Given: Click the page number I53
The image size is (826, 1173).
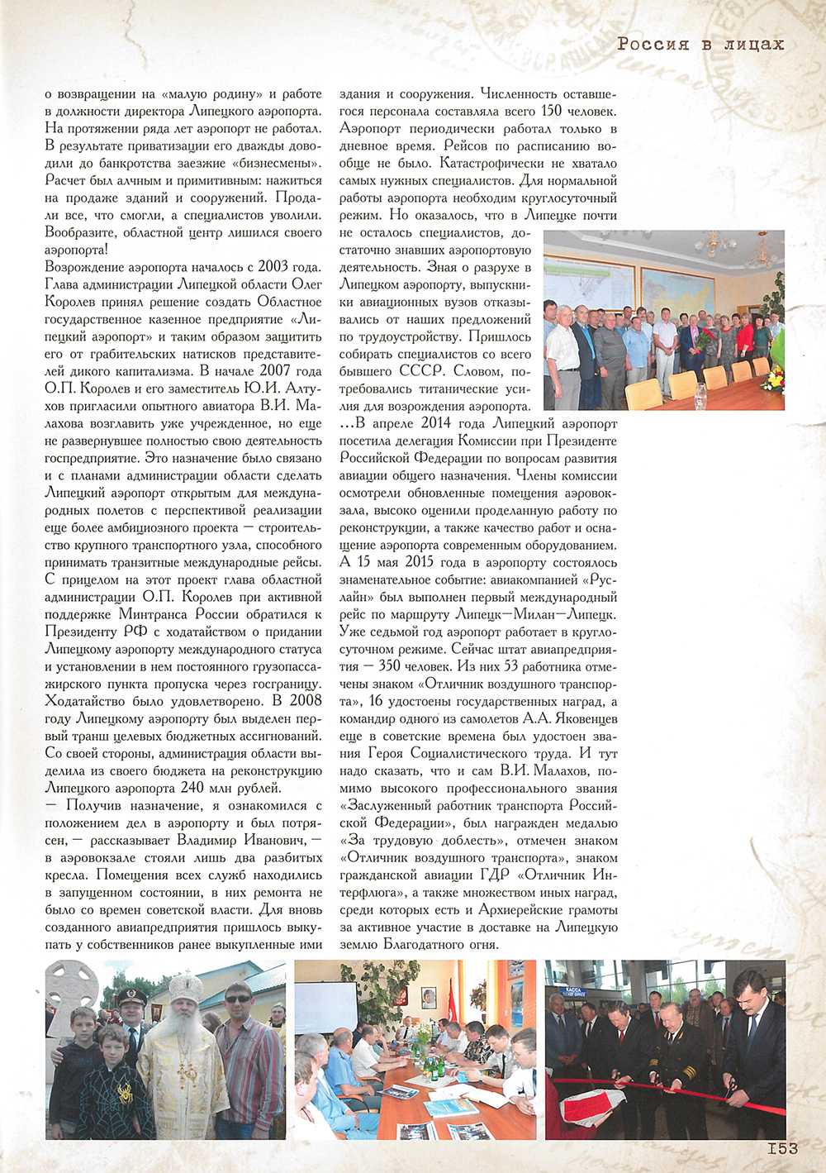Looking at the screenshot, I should point(776,1148).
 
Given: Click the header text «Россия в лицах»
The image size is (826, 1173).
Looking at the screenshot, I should point(700,45).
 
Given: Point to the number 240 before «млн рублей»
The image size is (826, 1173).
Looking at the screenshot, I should point(192,788).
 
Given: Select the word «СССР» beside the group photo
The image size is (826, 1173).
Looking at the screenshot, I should point(422,371).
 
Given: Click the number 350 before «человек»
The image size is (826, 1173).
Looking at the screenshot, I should point(389,666).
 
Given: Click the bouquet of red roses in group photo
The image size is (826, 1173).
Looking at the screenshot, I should point(708,338).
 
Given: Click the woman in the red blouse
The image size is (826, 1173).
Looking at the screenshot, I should point(745,339).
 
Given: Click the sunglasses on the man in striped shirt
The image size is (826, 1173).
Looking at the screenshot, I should point(240,999).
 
